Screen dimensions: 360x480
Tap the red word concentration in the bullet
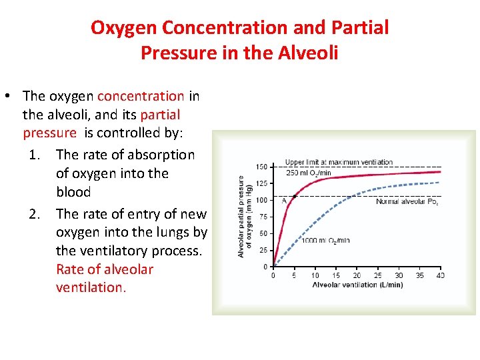tap(141, 96)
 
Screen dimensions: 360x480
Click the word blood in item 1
tap(73, 192)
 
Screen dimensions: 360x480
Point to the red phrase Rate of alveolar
tap(105, 269)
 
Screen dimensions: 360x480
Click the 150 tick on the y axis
tap(261, 167)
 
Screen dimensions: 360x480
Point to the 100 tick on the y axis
tap(261, 200)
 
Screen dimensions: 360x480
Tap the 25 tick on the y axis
tap(263, 250)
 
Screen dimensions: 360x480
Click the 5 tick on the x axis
tap(294, 275)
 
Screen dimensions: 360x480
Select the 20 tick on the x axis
tap(357, 275)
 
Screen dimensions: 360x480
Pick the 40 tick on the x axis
tap(440, 275)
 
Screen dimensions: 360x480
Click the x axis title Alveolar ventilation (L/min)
tap(357, 285)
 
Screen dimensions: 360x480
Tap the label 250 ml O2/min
tap(308, 173)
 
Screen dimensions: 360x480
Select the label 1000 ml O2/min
tap(325, 241)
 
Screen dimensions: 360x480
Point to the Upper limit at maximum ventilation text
tap(339, 162)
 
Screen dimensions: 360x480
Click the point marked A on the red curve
tap(294, 196)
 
